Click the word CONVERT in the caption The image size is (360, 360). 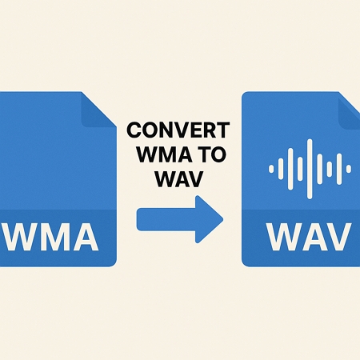178,130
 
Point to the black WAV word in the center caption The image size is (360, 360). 179,179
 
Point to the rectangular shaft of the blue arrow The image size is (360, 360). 166,219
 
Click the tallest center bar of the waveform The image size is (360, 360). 310,169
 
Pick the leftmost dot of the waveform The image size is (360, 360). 271,169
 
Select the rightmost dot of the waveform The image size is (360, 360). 349,169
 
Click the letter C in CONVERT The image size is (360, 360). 134,130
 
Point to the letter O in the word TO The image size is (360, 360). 218,154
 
